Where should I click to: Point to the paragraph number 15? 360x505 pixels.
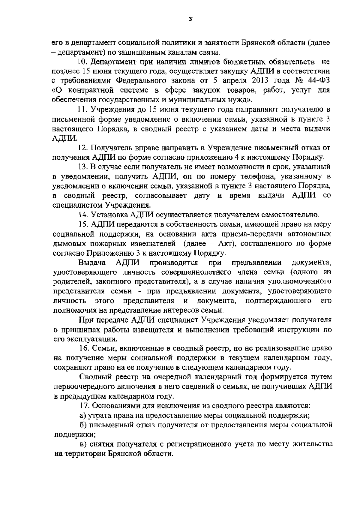click(x=82, y=224)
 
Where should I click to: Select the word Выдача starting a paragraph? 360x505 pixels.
click(x=92, y=263)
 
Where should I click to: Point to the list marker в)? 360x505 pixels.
click(x=83, y=444)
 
